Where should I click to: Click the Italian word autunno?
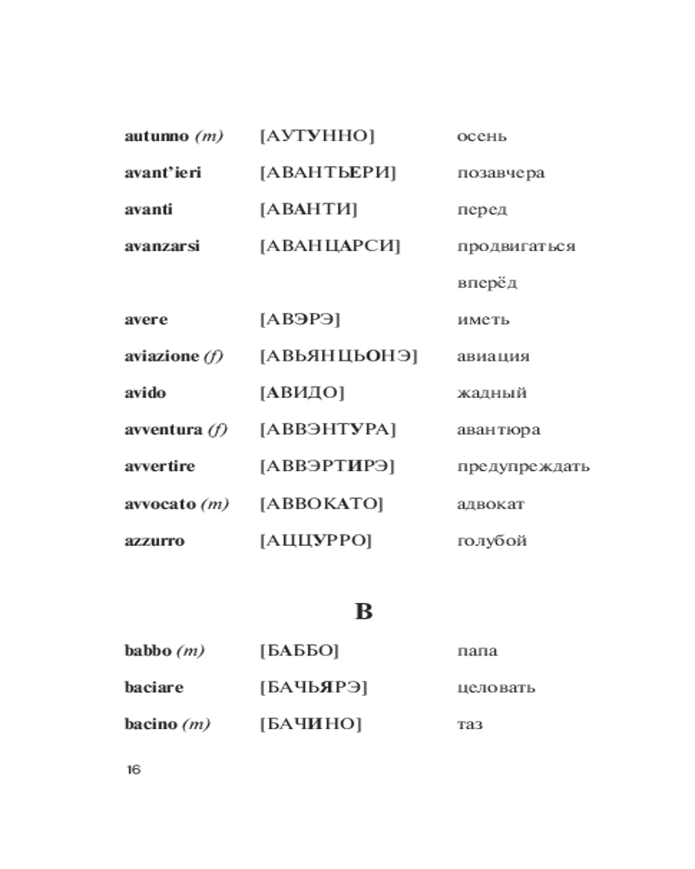156,136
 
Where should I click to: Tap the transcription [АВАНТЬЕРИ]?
328,173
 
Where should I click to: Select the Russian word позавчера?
500,173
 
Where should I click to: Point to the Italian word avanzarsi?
162,246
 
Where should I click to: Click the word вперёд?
486,283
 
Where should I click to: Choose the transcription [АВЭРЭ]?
300,320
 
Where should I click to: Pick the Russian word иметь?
483,320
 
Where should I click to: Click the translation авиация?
493,356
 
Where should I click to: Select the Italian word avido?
145,393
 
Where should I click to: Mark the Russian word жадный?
492,393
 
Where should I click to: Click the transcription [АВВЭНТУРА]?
328,429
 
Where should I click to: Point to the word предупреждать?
523,467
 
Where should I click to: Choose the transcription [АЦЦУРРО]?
315,541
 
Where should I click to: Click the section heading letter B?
363,612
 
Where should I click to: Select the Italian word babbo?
148,651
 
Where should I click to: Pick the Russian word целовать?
495,687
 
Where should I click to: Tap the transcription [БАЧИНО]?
310,724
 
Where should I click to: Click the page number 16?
133,770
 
